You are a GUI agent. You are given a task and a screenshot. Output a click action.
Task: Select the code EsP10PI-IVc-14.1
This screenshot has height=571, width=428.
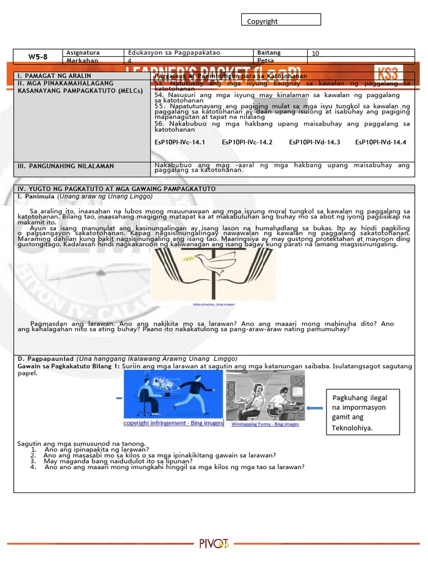pos(180,142)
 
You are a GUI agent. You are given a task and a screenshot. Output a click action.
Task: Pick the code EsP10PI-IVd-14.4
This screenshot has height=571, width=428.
pos(381,142)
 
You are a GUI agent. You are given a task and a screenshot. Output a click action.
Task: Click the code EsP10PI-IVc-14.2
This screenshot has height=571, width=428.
pos(247,142)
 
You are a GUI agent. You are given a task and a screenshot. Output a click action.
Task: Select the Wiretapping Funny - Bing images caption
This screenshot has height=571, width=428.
pos(265,424)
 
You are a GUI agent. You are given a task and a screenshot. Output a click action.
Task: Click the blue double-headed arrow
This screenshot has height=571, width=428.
pos(315,408)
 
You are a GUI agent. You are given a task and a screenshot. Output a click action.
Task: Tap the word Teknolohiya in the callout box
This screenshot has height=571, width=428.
pos(352,428)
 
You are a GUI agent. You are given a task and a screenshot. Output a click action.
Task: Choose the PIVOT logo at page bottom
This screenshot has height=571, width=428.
pos(214,544)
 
